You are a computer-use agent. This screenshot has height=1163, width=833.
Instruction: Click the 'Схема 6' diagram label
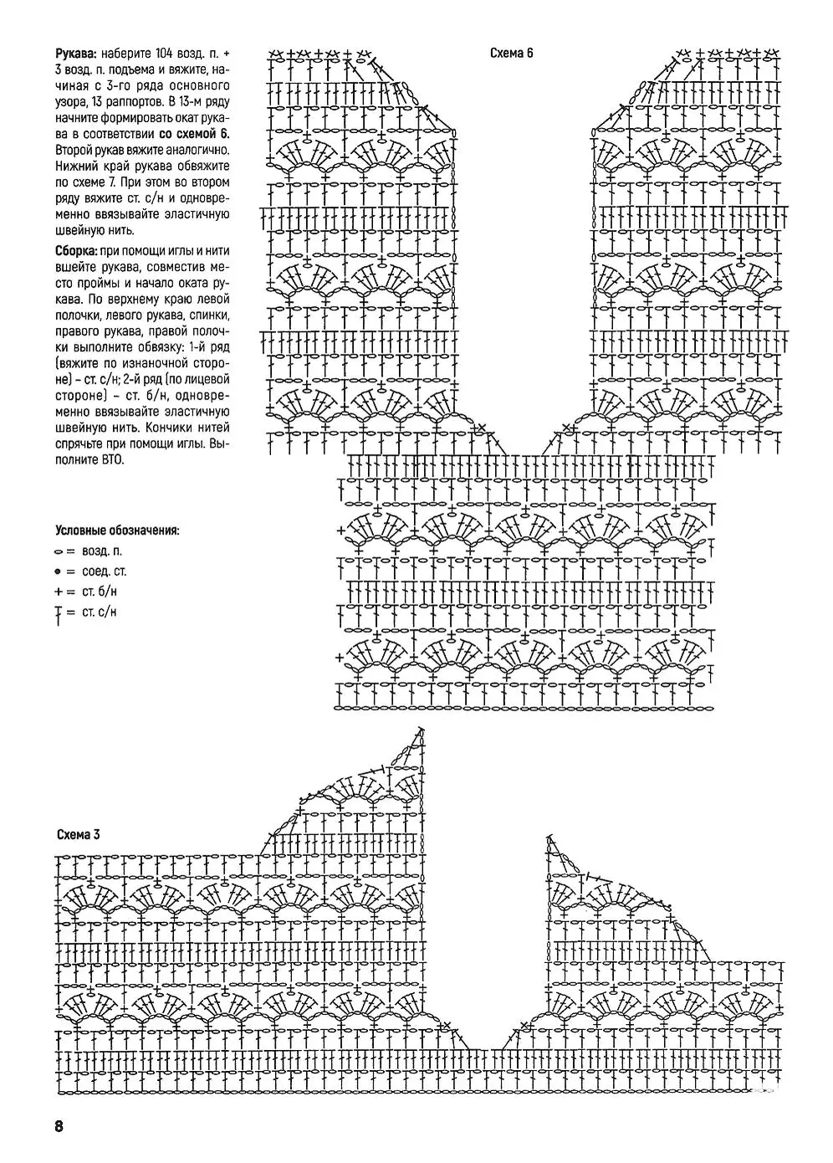511,54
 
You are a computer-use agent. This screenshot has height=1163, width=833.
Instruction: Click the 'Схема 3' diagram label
79,834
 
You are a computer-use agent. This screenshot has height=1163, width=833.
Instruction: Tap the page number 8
59,1125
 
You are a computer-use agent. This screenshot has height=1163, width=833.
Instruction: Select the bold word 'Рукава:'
74,54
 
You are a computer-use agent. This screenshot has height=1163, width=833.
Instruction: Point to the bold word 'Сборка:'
75,250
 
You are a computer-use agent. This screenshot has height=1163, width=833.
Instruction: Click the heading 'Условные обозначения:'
117,530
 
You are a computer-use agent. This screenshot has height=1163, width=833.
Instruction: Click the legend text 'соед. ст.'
105,572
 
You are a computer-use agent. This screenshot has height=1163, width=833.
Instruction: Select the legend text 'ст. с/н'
100,612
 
